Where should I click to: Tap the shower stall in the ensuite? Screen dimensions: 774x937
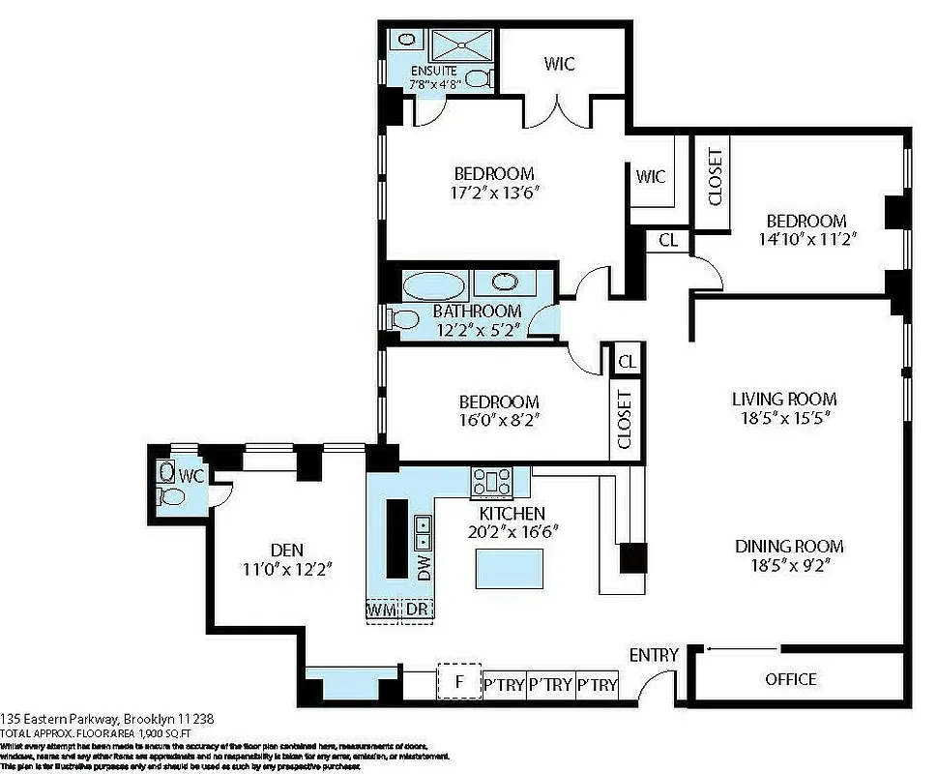462,45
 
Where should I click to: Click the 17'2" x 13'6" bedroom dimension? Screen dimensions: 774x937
494,193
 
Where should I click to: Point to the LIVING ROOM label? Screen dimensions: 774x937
783,399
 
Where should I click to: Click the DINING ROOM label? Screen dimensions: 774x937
788,546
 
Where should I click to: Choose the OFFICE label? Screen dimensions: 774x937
790,679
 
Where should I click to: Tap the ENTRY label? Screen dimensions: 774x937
654,655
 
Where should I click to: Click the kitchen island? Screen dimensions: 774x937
508,567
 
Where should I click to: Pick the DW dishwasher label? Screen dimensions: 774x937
424,568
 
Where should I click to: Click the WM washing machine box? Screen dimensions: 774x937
383,610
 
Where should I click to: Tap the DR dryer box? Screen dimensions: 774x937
416,610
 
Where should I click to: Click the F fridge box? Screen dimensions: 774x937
459,681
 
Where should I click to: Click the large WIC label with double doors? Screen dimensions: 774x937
559,64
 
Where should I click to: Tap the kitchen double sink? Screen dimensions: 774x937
423,529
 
